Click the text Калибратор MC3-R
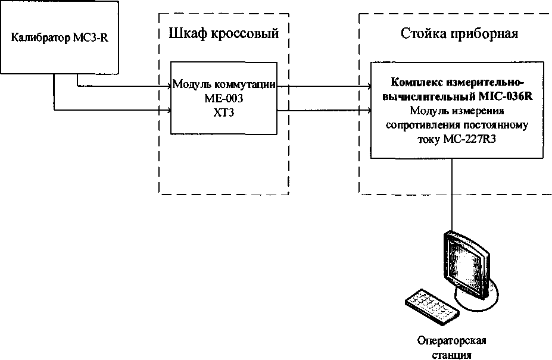point(60,37)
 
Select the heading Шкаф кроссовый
point(224,33)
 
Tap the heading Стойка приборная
point(460,34)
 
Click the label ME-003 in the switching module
point(224,99)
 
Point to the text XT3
point(224,113)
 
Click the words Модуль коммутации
point(224,84)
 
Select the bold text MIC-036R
point(506,96)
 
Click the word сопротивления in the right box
point(423,126)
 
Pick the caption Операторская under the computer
point(452,340)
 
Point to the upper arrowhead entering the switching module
point(169,86)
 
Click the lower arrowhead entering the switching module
point(169,111)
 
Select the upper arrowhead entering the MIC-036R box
point(369,86)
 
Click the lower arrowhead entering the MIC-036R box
point(369,111)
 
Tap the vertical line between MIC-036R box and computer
point(452,193)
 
